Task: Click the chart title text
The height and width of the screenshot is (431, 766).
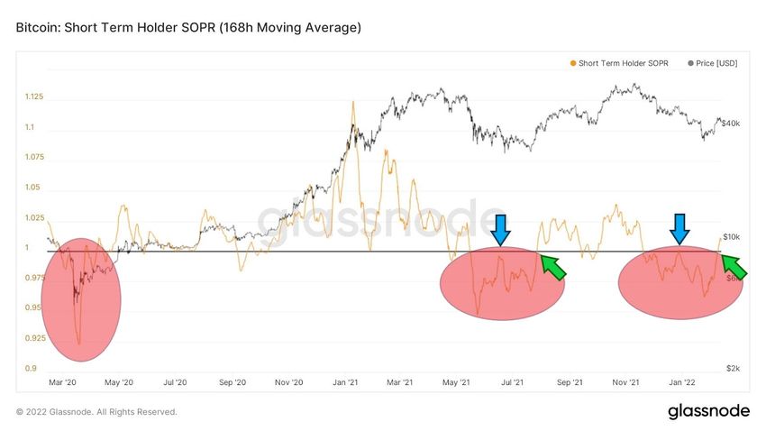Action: point(188,28)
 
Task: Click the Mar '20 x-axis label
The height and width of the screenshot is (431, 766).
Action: point(61,383)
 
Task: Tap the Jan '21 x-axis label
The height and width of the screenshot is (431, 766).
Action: point(348,383)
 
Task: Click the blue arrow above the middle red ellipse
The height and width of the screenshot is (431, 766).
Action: point(501,230)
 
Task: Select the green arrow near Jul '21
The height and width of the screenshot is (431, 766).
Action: point(552,267)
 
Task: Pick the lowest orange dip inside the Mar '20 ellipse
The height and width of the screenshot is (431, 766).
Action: point(79,344)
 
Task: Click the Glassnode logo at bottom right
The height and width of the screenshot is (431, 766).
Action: point(708,412)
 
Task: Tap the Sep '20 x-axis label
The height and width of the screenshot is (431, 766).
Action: point(232,383)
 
